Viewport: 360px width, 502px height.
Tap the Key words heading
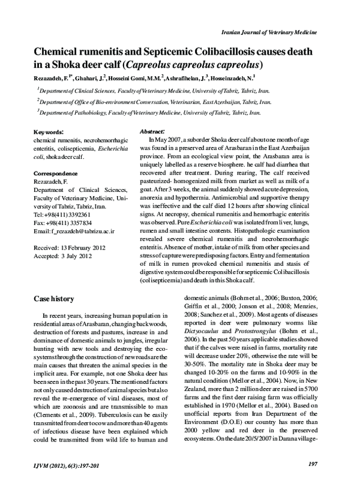pyautogui.click(x=49, y=131)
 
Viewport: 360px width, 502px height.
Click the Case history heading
pyautogui.click(x=54, y=299)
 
